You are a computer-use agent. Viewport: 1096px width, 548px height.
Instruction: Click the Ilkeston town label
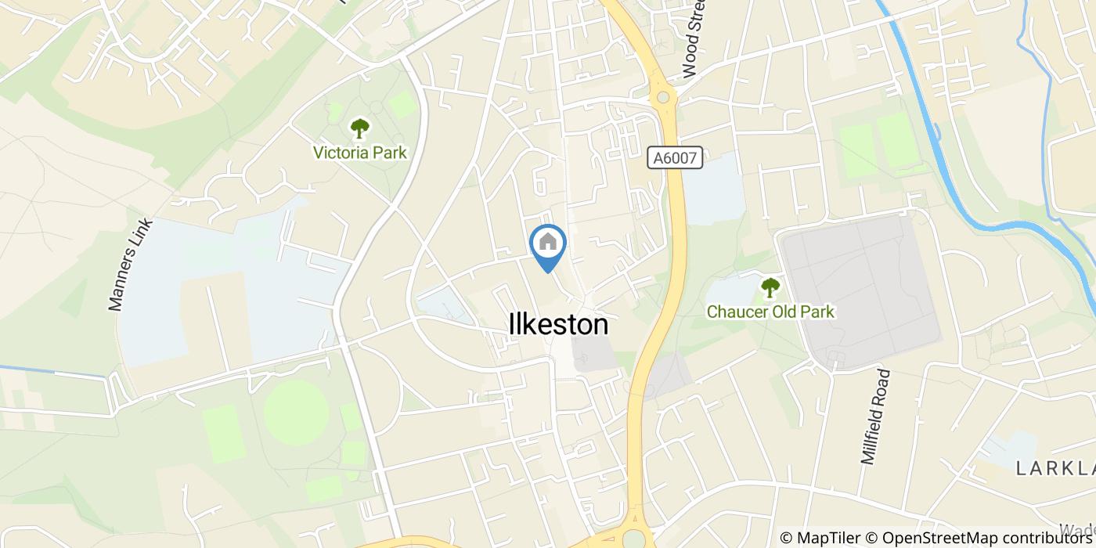click(x=558, y=325)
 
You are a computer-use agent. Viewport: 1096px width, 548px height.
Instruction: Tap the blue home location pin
click(x=548, y=246)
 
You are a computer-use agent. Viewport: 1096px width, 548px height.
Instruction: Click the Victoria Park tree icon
click(x=359, y=128)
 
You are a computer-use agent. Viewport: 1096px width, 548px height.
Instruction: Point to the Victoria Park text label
click(x=359, y=153)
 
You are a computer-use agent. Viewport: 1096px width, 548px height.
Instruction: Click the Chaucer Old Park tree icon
click(x=770, y=287)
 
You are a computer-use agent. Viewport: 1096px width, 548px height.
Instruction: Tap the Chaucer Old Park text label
click(x=770, y=312)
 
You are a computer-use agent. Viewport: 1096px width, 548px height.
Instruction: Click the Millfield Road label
click(x=876, y=416)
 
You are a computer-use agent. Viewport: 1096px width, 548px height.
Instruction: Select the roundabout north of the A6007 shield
click(x=665, y=98)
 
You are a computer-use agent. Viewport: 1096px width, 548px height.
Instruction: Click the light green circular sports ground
click(x=296, y=413)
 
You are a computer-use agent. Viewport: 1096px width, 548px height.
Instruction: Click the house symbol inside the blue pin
click(x=548, y=242)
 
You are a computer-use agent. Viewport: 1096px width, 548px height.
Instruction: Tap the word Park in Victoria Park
click(x=388, y=153)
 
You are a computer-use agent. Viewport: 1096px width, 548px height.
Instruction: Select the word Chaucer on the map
click(x=736, y=312)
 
